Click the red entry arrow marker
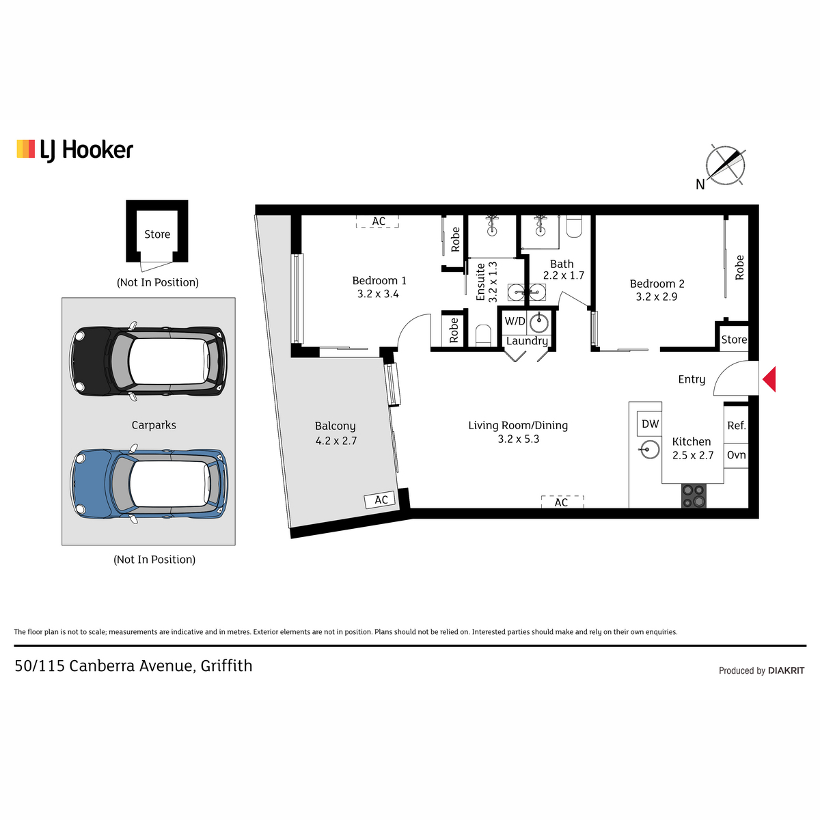coord(770,379)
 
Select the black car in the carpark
coord(148,361)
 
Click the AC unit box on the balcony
coord(380,500)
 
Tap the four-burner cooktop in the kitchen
coord(694,495)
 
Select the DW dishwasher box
coord(650,424)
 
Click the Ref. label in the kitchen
coord(737,426)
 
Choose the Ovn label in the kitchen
coord(736,455)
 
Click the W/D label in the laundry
coord(515,321)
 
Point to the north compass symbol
coord(725,165)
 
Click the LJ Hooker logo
coord(75,150)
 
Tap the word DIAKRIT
coord(787,670)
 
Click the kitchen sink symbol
coord(650,450)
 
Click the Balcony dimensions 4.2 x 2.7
coord(336,441)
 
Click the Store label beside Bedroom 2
coord(734,340)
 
